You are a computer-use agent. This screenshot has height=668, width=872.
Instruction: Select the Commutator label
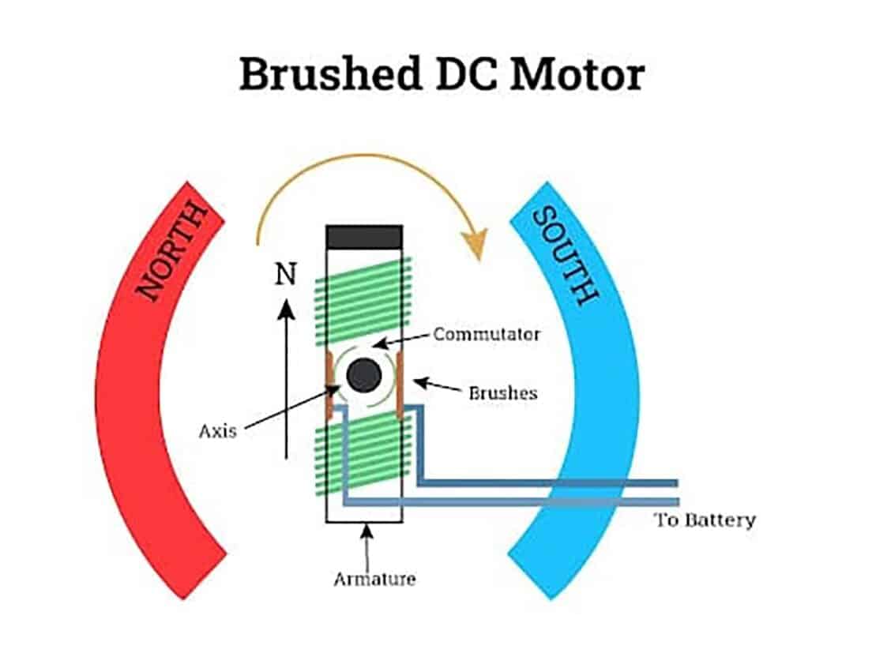(x=487, y=334)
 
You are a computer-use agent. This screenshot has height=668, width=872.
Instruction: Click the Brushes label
(x=503, y=392)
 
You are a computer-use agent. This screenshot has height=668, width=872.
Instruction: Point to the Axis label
(x=217, y=432)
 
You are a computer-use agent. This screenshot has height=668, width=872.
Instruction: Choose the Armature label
(x=374, y=579)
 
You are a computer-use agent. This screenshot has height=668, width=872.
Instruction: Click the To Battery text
(x=705, y=520)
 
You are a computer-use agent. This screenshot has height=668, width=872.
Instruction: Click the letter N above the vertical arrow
(x=285, y=275)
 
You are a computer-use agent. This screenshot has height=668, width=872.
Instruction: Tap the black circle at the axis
(x=364, y=376)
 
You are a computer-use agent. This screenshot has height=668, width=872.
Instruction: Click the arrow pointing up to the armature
(x=366, y=545)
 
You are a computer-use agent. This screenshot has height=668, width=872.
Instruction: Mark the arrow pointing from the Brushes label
(x=438, y=386)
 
